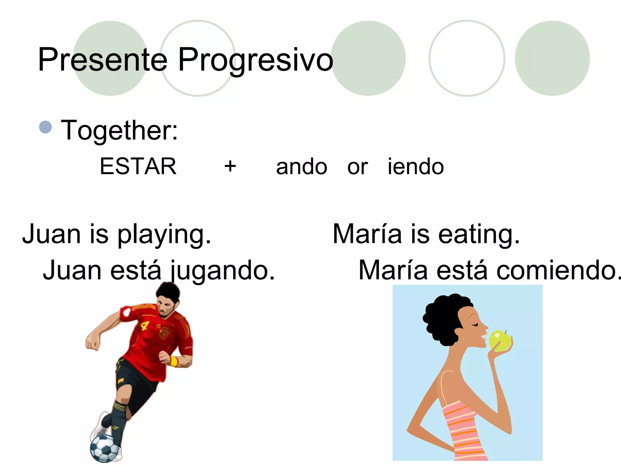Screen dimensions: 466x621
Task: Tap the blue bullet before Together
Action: point(45,127)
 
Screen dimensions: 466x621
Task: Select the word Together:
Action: point(119,130)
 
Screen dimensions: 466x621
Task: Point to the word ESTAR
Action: point(138,166)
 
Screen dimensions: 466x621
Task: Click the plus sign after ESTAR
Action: point(230,166)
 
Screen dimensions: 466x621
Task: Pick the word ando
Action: point(302,167)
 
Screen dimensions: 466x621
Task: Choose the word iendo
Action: point(416,166)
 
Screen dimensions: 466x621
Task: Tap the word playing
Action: point(164,235)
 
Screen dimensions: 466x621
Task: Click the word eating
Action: point(479,235)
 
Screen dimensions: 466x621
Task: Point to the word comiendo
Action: point(558,270)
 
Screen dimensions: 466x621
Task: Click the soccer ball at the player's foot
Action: point(104,448)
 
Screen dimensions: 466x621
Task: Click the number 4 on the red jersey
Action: point(144,326)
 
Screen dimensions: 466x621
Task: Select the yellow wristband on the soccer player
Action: point(174,361)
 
